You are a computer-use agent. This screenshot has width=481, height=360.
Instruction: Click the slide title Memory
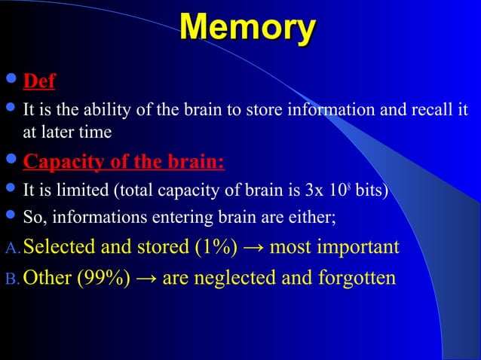click(x=247, y=29)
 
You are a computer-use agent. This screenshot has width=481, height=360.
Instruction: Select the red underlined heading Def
click(x=39, y=81)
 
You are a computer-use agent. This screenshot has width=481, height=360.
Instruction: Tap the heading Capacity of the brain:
click(x=124, y=163)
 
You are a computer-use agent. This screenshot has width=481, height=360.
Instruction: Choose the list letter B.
click(x=11, y=279)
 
